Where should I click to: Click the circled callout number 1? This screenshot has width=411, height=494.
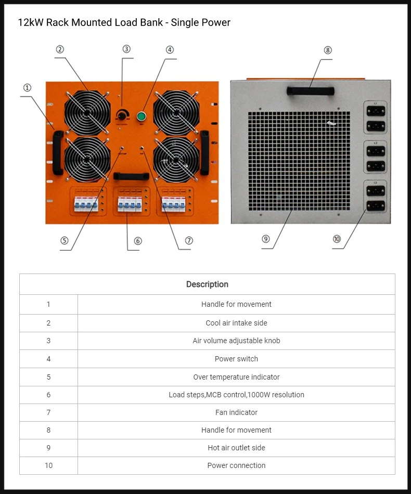pyautogui.click(x=27, y=88)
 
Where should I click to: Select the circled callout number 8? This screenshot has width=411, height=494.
pyautogui.click(x=327, y=50)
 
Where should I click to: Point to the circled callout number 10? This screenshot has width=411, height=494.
pyautogui.click(x=337, y=239)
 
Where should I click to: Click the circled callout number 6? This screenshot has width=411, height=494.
pyautogui.click(x=138, y=241)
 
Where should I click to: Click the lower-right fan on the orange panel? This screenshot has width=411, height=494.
pyautogui.click(x=176, y=158)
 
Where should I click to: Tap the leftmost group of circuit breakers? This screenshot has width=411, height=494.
pyautogui.click(x=85, y=204)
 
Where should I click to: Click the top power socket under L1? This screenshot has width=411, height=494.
pyautogui.click(x=375, y=111)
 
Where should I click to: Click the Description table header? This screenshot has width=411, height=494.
pyautogui.click(x=207, y=284)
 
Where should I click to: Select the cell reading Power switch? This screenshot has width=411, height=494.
pyautogui.click(x=236, y=359)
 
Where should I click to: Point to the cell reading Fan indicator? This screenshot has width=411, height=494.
pyautogui.click(x=236, y=412)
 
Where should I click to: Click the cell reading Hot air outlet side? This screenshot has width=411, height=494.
pyautogui.click(x=236, y=448)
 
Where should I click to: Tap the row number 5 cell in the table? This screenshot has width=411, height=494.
pyautogui.click(x=48, y=377)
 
